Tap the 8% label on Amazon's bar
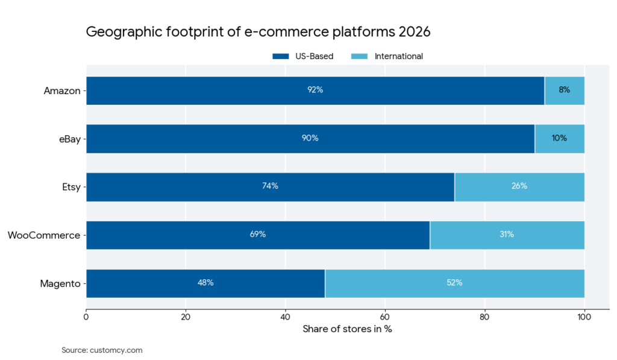[564, 90]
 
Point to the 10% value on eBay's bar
[559, 138]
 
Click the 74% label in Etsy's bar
[270, 186]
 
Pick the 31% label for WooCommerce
[507, 235]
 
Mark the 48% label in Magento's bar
[205, 283]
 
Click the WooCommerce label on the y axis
[44, 235]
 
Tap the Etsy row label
[70, 187]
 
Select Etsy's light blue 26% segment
[519, 187]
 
